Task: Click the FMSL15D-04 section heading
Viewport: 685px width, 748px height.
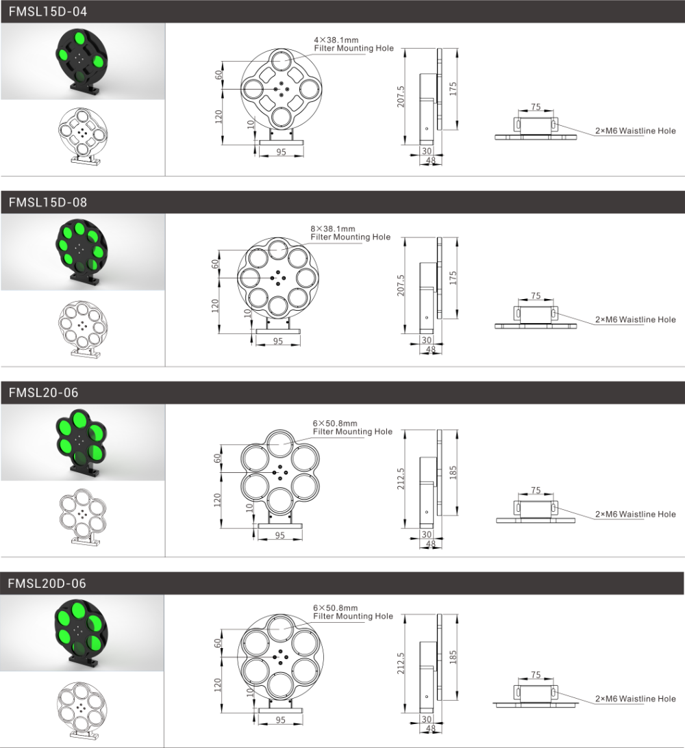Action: pyautogui.click(x=48, y=12)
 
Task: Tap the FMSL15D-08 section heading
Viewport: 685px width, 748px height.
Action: pyautogui.click(x=48, y=203)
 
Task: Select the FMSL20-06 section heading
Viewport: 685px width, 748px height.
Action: pyautogui.click(x=43, y=393)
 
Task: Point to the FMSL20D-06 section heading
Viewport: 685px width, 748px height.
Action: pyautogui.click(x=47, y=584)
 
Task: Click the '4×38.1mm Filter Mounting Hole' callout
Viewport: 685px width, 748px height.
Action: pyautogui.click(x=353, y=44)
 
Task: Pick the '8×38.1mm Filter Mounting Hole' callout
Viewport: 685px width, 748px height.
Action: pyautogui.click(x=350, y=233)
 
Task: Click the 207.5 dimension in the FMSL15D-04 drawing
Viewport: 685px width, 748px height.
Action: pyautogui.click(x=401, y=96)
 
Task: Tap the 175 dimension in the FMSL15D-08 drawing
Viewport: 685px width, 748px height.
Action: pyautogui.click(x=453, y=278)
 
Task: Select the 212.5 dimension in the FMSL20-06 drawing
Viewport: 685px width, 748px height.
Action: pyautogui.click(x=401, y=478)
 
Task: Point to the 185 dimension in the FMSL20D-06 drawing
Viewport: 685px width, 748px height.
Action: pyautogui.click(x=453, y=657)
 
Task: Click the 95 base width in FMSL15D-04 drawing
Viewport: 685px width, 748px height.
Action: pyautogui.click(x=281, y=152)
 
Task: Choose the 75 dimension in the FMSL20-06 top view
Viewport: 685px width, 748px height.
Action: pyautogui.click(x=536, y=491)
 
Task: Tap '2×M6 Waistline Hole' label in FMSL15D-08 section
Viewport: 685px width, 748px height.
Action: pyautogui.click(x=636, y=320)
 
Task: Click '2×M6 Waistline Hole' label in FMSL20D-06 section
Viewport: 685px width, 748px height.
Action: pyautogui.click(x=636, y=699)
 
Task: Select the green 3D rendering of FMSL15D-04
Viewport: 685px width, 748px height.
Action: pyautogui.click(x=82, y=61)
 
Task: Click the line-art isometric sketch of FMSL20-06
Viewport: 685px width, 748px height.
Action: pyautogui.click(x=83, y=517)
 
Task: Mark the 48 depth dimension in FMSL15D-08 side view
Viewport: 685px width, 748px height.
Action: pyautogui.click(x=431, y=350)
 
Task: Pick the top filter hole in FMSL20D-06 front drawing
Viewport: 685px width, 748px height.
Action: pyautogui.click(x=281, y=629)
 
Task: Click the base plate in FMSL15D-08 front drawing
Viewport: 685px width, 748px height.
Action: pyautogui.click(x=278, y=331)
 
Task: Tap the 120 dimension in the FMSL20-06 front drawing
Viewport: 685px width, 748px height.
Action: pyautogui.click(x=217, y=500)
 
